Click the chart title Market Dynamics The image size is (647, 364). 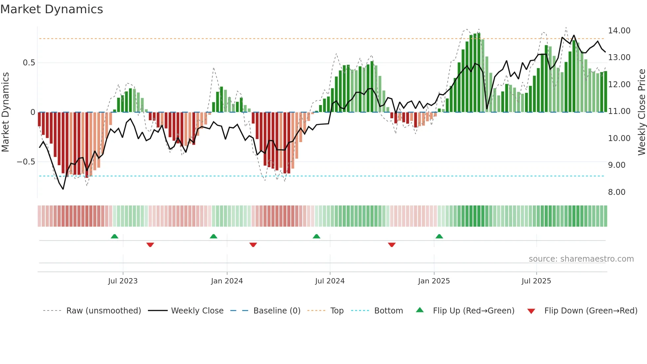pyautogui.click(x=51, y=9)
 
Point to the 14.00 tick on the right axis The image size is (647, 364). pyautogui.click(x=619, y=31)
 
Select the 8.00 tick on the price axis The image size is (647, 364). pyautogui.click(x=616, y=192)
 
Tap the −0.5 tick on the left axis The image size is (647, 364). pyautogui.click(x=26, y=162)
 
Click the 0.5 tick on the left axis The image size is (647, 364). pyautogui.click(x=29, y=63)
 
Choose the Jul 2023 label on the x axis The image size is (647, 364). pyautogui.click(x=123, y=281)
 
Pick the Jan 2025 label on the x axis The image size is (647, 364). pyautogui.click(x=434, y=281)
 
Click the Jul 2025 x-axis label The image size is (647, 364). pyautogui.click(x=536, y=281)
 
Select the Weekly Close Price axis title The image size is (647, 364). pyautogui.click(x=641, y=112)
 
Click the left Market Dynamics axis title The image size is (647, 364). pyautogui.click(x=5, y=112)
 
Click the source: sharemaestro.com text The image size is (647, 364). pyautogui.click(x=581, y=259)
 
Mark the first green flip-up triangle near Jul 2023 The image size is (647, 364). pyautogui.click(x=115, y=237)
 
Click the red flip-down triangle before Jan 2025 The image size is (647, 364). pyautogui.click(x=392, y=245)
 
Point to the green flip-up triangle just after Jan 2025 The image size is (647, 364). pyautogui.click(x=439, y=237)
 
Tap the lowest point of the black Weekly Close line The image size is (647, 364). pyautogui.click(x=63, y=189)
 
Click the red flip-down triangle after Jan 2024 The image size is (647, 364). pyautogui.click(x=253, y=245)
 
